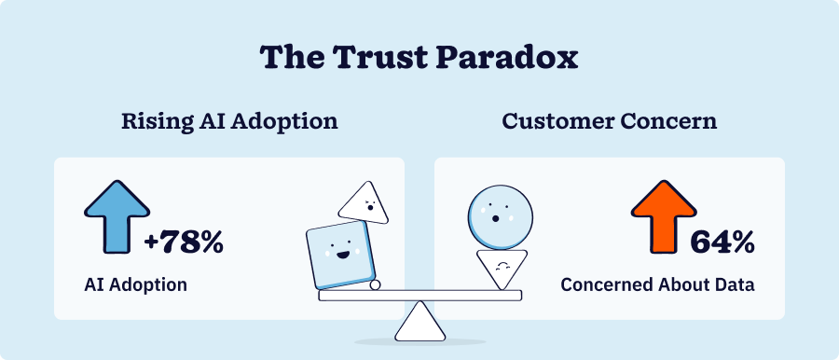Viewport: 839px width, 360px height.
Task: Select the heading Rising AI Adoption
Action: [228, 122]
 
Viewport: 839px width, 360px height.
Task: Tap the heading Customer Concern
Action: [610, 122]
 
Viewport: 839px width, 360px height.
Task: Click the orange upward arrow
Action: [664, 217]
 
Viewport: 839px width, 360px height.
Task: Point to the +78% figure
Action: [184, 243]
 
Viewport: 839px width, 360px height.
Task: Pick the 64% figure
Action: [722, 243]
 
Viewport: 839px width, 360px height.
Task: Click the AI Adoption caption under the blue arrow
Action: [136, 284]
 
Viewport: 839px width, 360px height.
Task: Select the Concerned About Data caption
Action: [657, 284]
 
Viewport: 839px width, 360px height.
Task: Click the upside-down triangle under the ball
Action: [502, 269]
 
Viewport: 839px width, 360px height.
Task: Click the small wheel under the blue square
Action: [375, 286]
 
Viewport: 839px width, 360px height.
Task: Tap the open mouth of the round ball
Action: [496, 219]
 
